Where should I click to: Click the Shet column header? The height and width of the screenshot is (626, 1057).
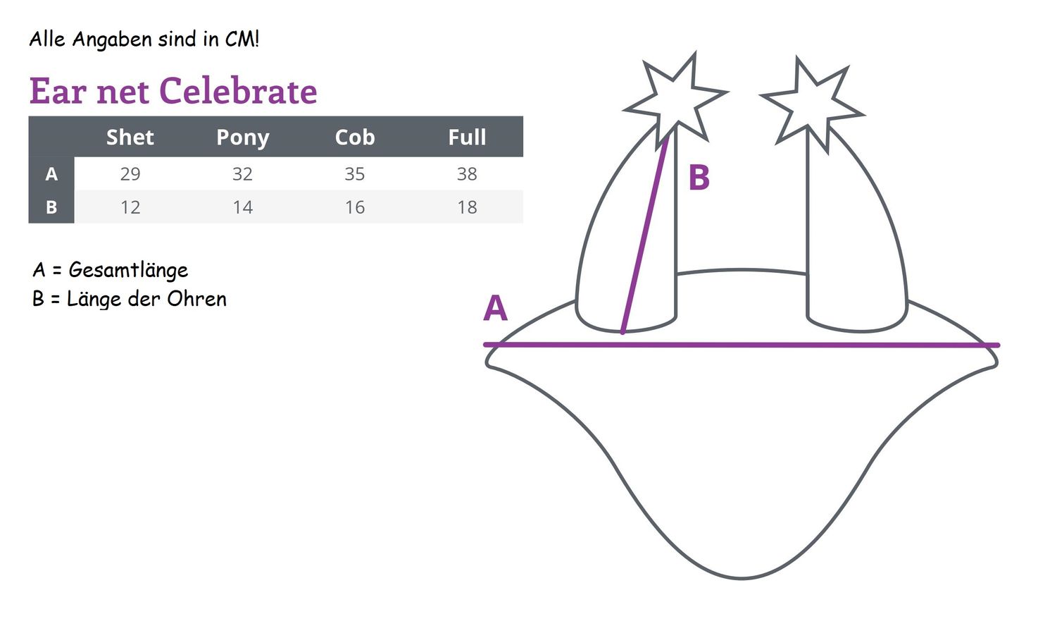point(130,137)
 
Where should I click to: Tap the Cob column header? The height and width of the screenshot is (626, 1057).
point(355,137)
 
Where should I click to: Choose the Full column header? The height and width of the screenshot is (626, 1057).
point(467,137)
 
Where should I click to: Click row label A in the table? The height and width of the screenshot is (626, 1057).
point(51,174)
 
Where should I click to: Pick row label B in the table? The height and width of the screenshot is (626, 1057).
point(51,207)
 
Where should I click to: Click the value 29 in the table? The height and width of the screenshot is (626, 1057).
point(130,174)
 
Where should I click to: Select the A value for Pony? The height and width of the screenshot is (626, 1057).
point(242,174)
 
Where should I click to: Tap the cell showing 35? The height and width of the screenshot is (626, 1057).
point(354,174)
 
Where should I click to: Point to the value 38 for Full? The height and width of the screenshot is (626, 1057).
point(467,174)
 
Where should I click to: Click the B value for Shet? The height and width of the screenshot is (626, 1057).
point(130,207)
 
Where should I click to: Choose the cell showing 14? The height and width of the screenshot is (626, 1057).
point(242,207)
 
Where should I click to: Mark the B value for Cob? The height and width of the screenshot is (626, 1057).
point(355,207)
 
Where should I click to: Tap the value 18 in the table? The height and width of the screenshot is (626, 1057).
point(467,207)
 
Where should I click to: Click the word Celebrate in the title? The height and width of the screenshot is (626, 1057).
point(238,91)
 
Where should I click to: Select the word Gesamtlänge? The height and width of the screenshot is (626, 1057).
point(128,271)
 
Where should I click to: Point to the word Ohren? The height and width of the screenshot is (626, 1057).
point(196,299)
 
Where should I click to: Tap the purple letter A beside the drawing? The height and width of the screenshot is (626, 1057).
point(495,309)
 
